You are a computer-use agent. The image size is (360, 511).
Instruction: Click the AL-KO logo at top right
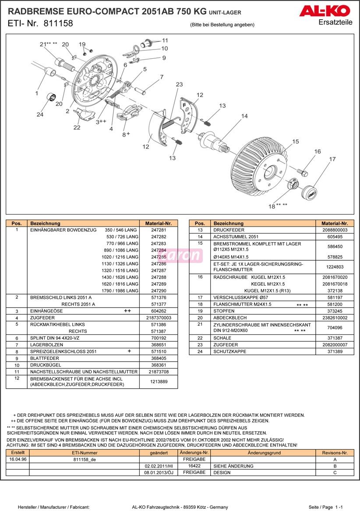click(325, 11)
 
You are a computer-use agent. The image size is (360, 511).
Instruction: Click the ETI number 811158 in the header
click(58, 24)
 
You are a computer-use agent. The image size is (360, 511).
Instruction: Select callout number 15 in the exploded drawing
click(296, 142)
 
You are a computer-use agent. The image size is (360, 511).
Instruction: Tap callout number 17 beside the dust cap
click(332, 160)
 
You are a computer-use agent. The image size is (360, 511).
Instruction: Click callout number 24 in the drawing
click(40, 115)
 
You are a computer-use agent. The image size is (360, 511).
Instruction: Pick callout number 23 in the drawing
click(179, 85)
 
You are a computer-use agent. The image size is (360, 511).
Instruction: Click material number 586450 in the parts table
click(335, 247)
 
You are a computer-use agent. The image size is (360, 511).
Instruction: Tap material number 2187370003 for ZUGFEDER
click(159, 318)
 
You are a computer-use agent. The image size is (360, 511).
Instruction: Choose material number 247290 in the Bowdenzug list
click(159, 291)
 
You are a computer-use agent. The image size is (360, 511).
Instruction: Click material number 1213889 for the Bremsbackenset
click(159, 382)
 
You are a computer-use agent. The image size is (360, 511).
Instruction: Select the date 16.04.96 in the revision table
click(18, 459)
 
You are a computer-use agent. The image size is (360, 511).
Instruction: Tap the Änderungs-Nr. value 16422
click(194, 466)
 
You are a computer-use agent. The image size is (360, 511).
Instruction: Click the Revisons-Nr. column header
click(335, 453)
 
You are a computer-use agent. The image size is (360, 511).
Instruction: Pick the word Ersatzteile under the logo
click(335, 22)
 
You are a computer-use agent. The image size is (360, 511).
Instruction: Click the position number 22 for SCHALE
click(200, 338)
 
